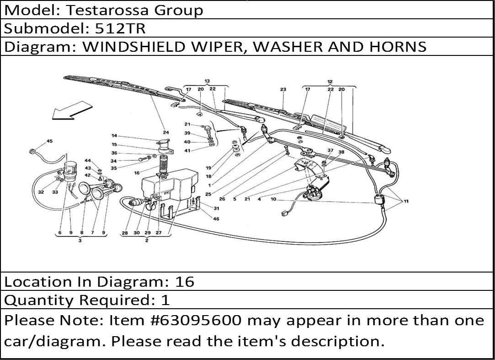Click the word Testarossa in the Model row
click(x=107, y=10)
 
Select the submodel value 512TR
click(x=120, y=28)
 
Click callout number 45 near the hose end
click(x=49, y=141)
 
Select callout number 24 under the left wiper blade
click(x=166, y=132)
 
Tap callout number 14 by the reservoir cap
click(x=114, y=136)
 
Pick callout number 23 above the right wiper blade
click(x=283, y=89)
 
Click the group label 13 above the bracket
click(x=207, y=82)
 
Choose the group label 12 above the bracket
click(x=330, y=82)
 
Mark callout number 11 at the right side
click(x=406, y=201)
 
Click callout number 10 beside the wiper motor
click(x=273, y=199)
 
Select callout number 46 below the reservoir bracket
click(x=216, y=219)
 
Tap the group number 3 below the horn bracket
click(x=80, y=240)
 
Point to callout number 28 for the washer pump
click(x=125, y=233)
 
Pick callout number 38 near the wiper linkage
click(x=341, y=152)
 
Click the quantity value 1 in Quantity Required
click(x=165, y=300)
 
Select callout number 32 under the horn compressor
click(x=41, y=192)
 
